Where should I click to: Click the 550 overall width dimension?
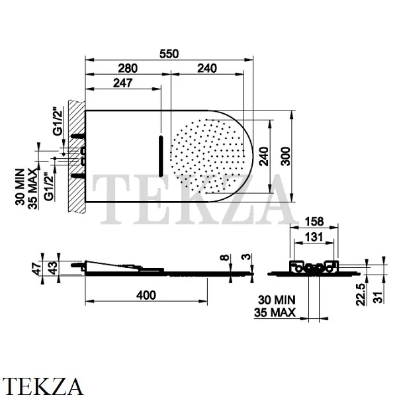[x=169, y=54]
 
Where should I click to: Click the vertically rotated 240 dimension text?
[x=264, y=157]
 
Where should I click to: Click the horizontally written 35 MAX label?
[x=275, y=314]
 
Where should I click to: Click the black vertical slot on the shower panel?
[x=160, y=154]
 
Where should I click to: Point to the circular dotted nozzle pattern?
[x=207, y=154]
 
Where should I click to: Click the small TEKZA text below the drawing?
[x=42, y=385]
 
